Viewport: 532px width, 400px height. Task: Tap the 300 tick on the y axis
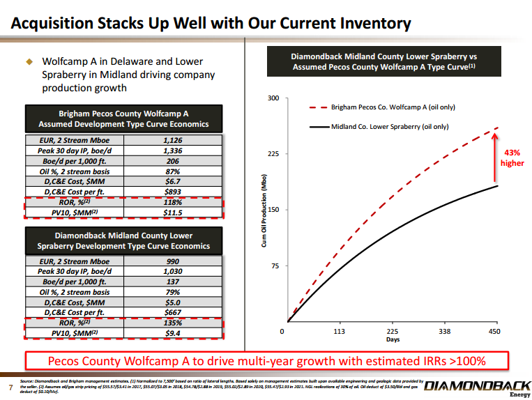click(273, 98)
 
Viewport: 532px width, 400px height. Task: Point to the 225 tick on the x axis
click(392, 332)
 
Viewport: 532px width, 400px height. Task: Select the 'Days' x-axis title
click(393, 340)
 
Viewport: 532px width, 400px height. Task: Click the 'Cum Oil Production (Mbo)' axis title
click(264, 210)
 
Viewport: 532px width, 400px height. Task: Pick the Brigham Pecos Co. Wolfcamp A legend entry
click(394, 107)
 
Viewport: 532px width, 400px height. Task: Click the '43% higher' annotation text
click(512, 157)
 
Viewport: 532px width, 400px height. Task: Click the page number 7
click(10, 387)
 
